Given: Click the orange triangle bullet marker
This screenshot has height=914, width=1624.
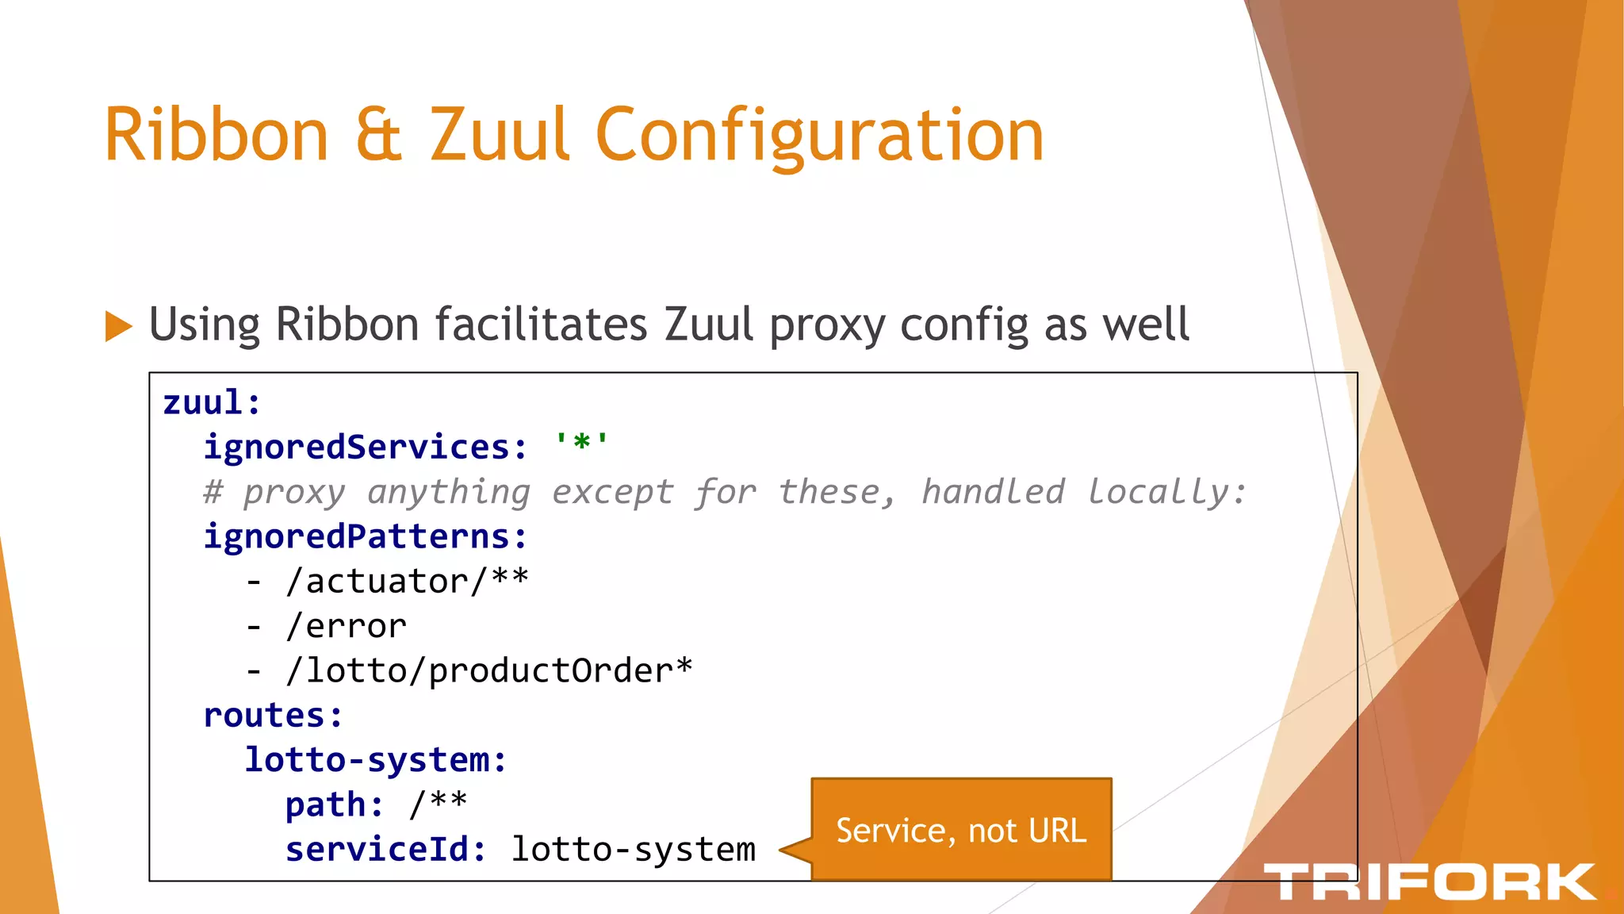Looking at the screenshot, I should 118,326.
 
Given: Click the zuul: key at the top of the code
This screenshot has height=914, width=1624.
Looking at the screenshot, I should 212,403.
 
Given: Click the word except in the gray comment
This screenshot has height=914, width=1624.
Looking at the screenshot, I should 612,493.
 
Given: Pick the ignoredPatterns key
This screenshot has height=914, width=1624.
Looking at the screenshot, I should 365,537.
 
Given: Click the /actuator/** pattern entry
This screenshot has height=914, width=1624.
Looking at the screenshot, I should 407,582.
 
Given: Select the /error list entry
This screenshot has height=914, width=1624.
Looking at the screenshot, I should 346,627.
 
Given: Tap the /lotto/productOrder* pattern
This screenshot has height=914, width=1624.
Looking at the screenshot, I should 488,671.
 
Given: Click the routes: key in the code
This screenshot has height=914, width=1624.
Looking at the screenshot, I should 273,716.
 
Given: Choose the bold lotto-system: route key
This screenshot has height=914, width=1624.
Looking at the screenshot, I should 375,760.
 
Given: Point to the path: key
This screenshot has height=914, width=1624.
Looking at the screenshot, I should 334,805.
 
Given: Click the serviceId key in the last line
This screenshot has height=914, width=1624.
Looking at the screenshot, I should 385,850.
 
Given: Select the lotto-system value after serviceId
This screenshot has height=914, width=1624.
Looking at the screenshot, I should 633,850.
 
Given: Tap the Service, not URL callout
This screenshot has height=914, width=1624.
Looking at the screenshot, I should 961,831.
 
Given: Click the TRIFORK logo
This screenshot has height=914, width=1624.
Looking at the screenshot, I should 1429,882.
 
